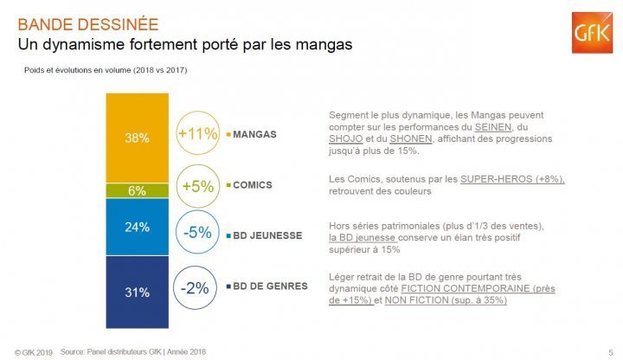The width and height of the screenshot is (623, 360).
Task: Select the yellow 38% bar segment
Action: [x=138, y=137]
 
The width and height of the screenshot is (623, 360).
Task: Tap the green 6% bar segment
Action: [x=138, y=190]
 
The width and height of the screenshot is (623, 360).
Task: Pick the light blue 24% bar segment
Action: [x=138, y=227]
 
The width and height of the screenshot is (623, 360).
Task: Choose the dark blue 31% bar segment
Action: [x=138, y=292]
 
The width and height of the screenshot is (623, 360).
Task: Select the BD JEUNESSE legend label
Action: [x=268, y=235]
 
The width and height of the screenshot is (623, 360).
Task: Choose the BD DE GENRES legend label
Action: [x=271, y=286]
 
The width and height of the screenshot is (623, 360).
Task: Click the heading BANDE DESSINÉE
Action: [x=88, y=23]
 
